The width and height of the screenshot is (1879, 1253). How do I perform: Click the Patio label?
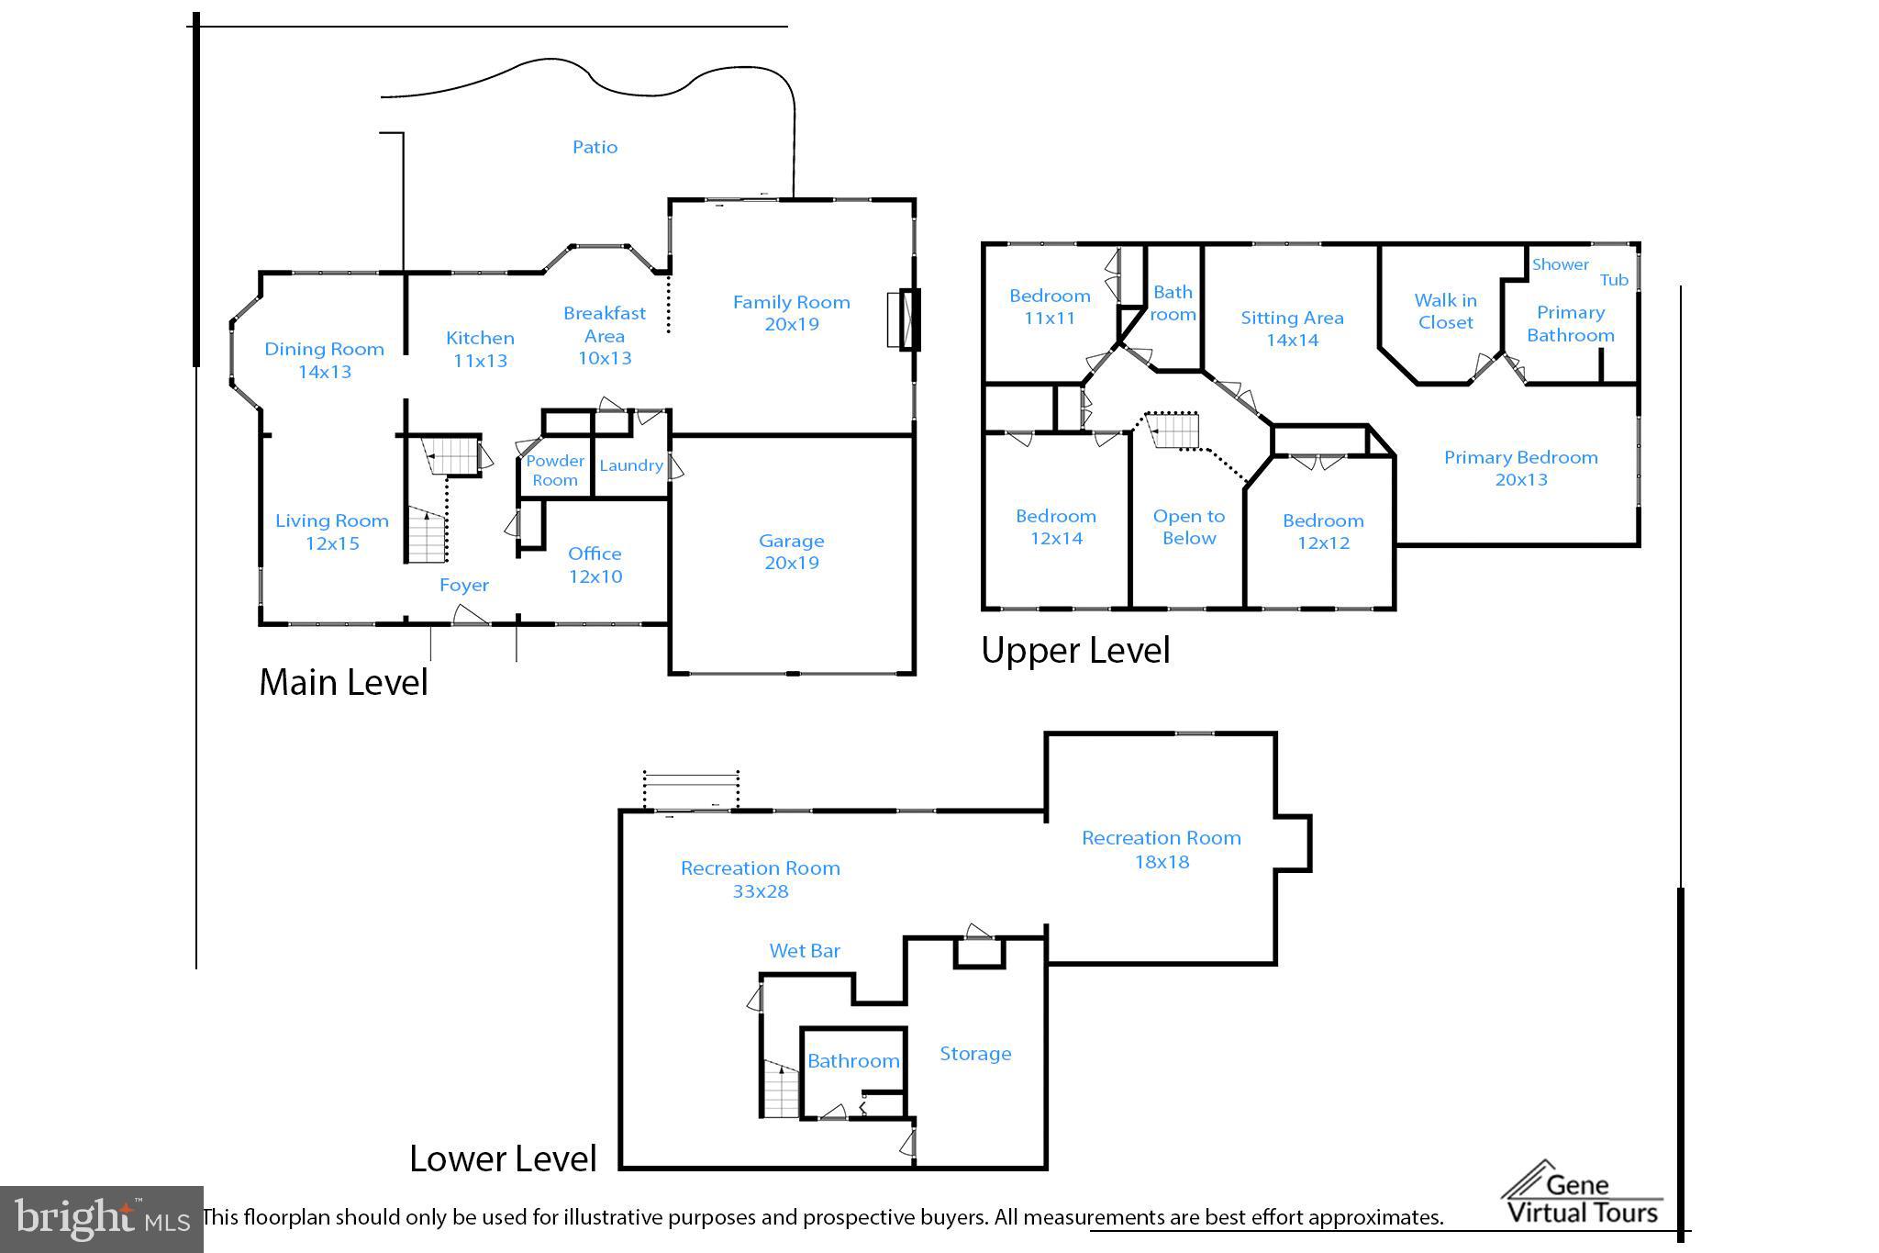click(595, 147)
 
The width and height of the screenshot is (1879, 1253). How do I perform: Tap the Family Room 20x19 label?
click(791, 313)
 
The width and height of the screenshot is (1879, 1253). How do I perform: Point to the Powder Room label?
click(555, 470)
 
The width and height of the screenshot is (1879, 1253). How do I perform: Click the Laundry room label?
click(631, 465)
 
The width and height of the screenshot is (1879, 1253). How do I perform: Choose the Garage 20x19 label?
click(791, 552)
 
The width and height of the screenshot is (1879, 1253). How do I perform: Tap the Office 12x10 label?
click(595, 565)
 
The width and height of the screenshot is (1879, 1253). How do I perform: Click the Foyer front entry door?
click(471, 615)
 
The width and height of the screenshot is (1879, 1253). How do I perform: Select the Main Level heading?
click(343, 682)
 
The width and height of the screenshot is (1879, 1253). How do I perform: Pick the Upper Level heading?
click(1075, 650)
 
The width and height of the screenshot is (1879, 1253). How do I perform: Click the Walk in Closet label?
click(1445, 311)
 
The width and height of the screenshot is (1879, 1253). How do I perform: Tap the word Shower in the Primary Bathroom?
click(1560, 264)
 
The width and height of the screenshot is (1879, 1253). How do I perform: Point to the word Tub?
click(1614, 280)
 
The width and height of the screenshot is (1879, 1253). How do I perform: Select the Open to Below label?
click(1189, 527)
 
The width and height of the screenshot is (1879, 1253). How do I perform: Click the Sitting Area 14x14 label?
click(1292, 329)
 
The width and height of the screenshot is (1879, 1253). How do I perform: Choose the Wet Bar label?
click(805, 951)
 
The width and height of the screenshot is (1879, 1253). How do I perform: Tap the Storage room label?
click(975, 1054)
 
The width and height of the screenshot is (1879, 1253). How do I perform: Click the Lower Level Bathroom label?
click(853, 1061)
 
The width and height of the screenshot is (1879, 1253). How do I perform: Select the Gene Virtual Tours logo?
click(1582, 1193)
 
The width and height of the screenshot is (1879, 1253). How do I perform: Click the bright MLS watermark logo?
click(102, 1219)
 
